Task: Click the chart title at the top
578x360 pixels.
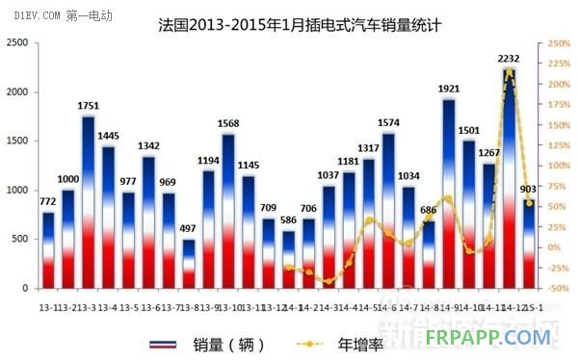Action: [289, 22]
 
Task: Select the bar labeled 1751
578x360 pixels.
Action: [88, 202]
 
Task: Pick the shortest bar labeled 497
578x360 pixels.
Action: [189, 264]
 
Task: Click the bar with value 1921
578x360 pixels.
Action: [449, 193]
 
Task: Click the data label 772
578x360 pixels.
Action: [48, 199]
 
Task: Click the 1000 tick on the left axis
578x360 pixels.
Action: [17, 191]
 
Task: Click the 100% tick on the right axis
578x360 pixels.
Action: [559, 166]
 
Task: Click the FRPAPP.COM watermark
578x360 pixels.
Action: [502, 337]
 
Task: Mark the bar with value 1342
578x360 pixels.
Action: [148, 222]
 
